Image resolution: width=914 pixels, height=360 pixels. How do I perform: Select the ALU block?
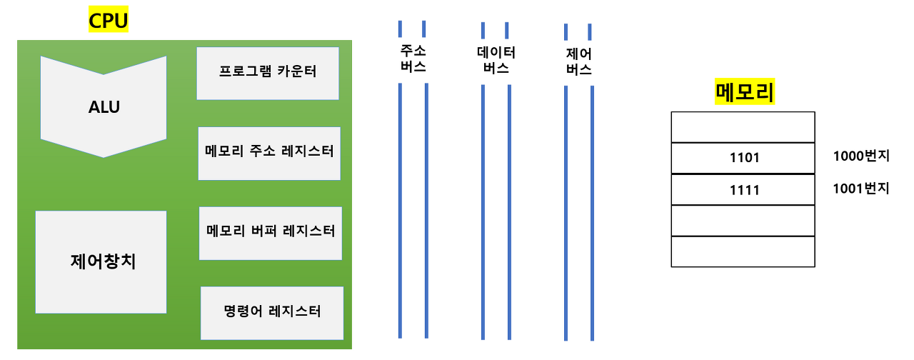(104, 107)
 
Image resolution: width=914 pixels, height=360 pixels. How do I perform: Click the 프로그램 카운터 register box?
(268, 73)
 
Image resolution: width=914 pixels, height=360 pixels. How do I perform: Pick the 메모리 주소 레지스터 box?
(269, 153)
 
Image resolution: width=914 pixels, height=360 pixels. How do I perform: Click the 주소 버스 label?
(412, 59)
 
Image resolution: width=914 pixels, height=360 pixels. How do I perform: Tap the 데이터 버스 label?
(496, 61)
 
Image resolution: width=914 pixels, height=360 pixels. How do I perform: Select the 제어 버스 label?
(578, 61)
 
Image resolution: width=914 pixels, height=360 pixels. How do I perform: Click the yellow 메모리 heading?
(745, 94)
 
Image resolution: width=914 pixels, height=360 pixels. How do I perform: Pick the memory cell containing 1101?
(743, 158)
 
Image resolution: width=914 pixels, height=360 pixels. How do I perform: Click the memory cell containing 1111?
(743, 189)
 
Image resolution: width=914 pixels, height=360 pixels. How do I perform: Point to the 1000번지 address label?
(860, 156)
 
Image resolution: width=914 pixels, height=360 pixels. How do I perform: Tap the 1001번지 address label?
(860, 189)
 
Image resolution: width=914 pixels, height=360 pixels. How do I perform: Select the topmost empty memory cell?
(743, 127)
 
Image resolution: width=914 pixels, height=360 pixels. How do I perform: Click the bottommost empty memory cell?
(743, 251)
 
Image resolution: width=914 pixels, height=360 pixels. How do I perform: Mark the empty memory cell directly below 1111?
(743, 220)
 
